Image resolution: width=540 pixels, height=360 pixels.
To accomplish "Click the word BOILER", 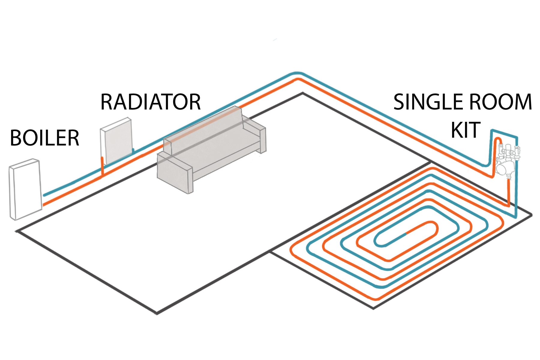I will [x=44, y=138].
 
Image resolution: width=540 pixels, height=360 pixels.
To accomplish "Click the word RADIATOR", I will [x=150, y=102].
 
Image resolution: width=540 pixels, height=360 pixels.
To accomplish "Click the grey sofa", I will [x=210, y=150].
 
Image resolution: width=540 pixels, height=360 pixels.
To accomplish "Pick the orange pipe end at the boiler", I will [x=44, y=205].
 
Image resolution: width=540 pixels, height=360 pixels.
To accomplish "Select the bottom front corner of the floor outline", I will [x=157, y=313].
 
